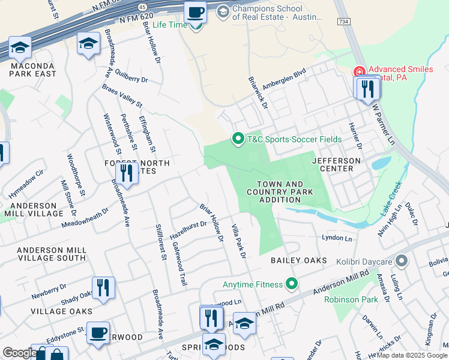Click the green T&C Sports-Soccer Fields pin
tap(238, 139)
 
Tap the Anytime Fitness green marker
tap(292, 283)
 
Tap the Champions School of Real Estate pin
tap(223, 11)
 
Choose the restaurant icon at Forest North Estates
tap(126, 173)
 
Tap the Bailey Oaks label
tap(299, 260)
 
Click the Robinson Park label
tap(350, 299)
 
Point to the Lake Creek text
tap(390, 204)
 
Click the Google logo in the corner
tap(19, 353)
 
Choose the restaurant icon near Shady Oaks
tap(103, 287)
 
